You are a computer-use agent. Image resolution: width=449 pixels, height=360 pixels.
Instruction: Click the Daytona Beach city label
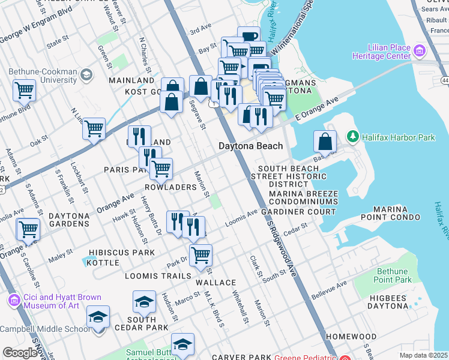coord(250,146)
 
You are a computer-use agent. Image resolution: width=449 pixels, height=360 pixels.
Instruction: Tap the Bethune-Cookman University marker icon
coord(86,74)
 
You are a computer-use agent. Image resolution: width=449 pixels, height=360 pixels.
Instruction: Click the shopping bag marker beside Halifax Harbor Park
coord(325,142)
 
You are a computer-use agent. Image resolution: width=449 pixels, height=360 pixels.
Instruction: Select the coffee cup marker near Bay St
coord(249,37)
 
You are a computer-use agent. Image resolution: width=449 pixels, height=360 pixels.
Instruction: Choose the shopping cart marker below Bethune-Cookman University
coord(25,91)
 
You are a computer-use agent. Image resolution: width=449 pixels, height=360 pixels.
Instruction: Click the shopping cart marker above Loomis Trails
coord(200,254)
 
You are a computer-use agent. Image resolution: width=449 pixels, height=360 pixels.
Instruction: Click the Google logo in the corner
coord(19,353)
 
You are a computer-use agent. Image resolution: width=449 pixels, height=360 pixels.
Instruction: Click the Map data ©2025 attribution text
coord(423,355)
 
